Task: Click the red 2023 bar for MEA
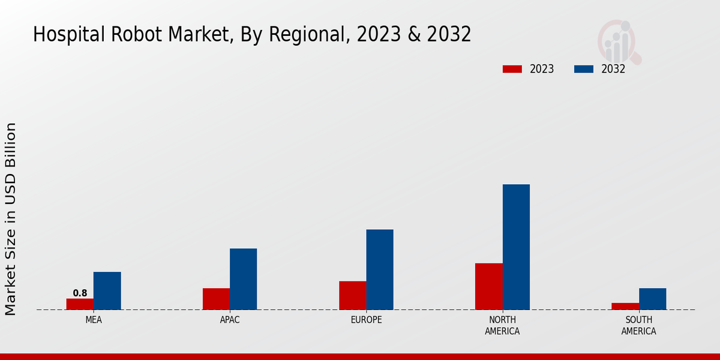(80, 304)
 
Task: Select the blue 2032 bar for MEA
(107, 291)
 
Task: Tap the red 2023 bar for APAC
(216, 299)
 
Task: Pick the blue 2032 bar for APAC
(243, 279)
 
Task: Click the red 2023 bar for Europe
(352, 295)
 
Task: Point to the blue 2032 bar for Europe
(380, 269)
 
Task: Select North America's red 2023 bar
(488, 286)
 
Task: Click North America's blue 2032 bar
(516, 247)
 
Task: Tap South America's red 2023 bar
(625, 306)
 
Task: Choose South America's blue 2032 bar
(652, 299)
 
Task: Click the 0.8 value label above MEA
(80, 293)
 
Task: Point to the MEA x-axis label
(94, 320)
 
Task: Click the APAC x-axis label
(230, 320)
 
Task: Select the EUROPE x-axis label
(366, 320)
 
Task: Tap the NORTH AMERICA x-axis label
(502, 325)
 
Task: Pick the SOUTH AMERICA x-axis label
(638, 325)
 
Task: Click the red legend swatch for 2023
(512, 69)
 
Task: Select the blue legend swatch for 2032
(584, 69)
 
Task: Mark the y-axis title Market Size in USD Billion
(11, 219)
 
